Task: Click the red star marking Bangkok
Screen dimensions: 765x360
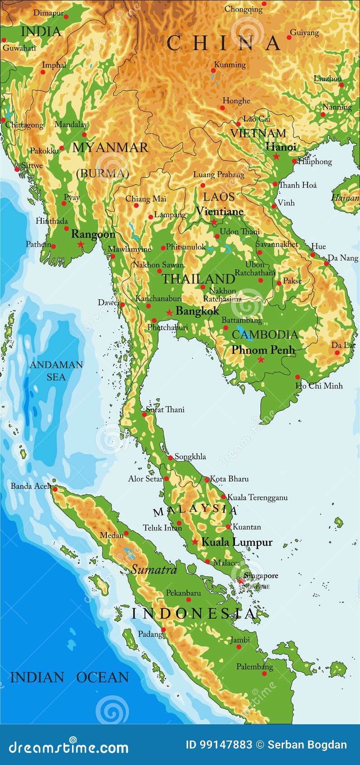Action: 169,312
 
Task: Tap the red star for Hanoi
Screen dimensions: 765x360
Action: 276,157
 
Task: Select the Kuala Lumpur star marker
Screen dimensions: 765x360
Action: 195,541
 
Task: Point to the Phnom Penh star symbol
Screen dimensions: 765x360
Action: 261,359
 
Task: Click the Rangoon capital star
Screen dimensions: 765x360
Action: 81,244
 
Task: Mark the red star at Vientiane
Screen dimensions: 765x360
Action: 214,222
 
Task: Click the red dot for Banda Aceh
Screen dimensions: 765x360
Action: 55,489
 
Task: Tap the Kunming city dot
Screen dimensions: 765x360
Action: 213,71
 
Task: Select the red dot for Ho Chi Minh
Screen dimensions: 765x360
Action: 298,377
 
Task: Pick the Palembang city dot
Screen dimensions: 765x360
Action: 264,674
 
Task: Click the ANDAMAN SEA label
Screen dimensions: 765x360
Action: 56,371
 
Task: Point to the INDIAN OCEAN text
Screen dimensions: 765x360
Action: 69,677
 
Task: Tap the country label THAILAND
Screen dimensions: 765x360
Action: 198,279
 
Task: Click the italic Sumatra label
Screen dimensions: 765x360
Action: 154,569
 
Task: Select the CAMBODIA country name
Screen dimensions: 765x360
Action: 265,335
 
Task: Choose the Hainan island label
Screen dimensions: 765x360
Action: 345,198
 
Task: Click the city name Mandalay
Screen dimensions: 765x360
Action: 71,124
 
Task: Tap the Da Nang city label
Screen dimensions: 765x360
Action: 343,258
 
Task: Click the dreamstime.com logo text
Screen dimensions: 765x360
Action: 69,747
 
